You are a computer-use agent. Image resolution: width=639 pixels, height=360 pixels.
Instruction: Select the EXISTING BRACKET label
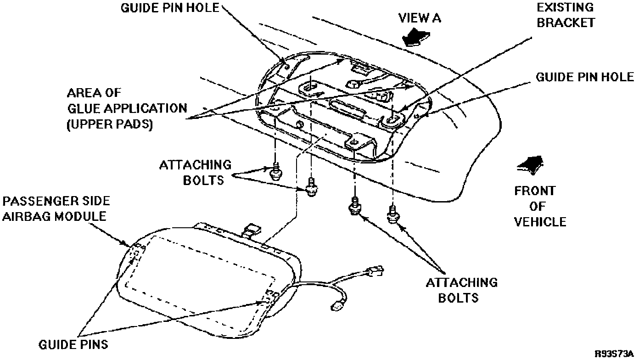point(566,15)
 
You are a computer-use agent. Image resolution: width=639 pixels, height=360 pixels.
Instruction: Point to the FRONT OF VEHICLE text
point(540,206)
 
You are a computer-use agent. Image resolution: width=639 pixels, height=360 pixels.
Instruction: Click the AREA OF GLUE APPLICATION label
point(127,108)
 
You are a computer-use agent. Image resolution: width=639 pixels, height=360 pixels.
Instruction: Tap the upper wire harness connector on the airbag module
point(375,271)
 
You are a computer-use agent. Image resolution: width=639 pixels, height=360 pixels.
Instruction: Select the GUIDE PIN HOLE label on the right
point(585,77)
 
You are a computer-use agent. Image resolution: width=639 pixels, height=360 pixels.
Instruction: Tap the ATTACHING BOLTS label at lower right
point(462,289)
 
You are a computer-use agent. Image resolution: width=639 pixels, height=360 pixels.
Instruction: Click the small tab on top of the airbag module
point(252,229)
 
